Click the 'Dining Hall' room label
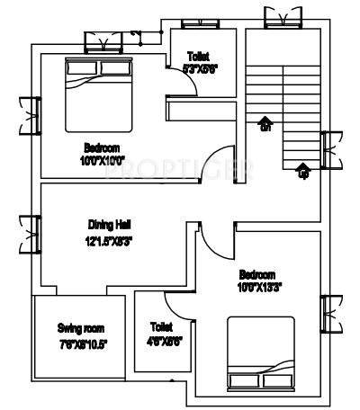pyautogui.click(x=112, y=224)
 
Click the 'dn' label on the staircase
pyautogui.click(x=265, y=129)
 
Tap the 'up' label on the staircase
pyautogui.click(x=302, y=174)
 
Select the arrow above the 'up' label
pyautogui.click(x=302, y=164)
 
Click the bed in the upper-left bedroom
pyautogui.click(x=99, y=94)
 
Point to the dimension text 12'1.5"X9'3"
pyautogui.click(x=112, y=240)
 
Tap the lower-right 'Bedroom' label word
pyautogui.click(x=257, y=273)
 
